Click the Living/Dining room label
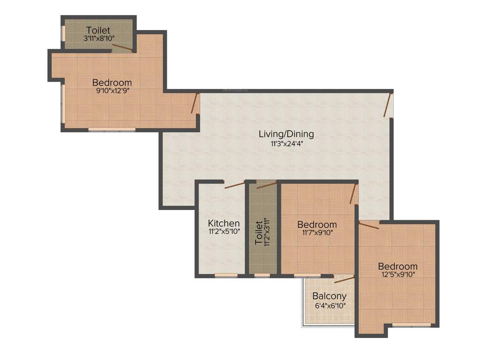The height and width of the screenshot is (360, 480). pyautogui.click(x=286, y=134)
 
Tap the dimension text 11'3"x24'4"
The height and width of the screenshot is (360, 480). pyautogui.click(x=286, y=144)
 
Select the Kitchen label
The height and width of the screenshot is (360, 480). pyautogui.click(x=224, y=223)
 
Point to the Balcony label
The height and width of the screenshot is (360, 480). pyautogui.click(x=330, y=296)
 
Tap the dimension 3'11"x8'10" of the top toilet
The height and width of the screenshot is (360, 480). pyautogui.click(x=99, y=39)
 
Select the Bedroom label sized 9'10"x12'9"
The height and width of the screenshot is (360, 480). pyautogui.click(x=112, y=82)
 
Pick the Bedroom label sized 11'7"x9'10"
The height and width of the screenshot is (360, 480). pyautogui.click(x=317, y=225)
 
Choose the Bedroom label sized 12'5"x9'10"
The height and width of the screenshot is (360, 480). pyautogui.click(x=398, y=266)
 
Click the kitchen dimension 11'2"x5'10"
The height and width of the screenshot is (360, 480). pyautogui.click(x=224, y=232)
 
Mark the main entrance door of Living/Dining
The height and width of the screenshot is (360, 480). pyautogui.click(x=387, y=105)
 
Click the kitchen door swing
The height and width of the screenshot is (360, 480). pyautogui.click(x=234, y=185)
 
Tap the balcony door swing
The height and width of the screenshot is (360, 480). pyautogui.click(x=344, y=279)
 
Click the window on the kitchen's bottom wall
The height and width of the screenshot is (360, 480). pyautogui.click(x=223, y=275)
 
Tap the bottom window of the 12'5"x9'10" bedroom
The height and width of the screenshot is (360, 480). pyautogui.click(x=411, y=324)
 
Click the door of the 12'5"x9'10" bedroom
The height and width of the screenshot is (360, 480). pyautogui.click(x=369, y=225)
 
